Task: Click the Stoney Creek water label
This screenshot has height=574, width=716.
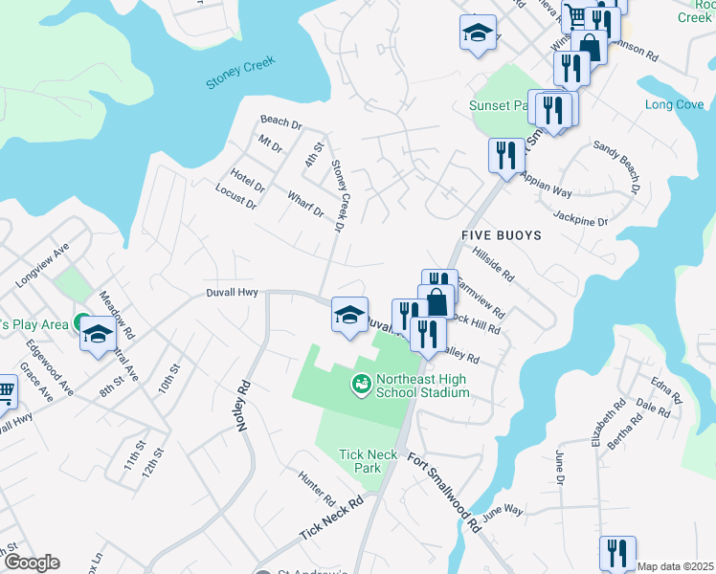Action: click(240, 73)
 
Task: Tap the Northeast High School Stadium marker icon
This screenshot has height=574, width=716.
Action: click(362, 385)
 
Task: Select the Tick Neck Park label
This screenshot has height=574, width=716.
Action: click(360, 461)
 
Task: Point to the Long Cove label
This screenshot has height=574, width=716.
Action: click(674, 104)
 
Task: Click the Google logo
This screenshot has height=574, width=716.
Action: click(32, 563)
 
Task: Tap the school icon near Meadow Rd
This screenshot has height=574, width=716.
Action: click(97, 335)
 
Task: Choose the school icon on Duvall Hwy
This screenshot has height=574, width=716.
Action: click(349, 314)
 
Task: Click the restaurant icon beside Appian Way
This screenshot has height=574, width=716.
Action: click(505, 155)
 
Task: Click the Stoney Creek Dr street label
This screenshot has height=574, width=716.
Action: click(337, 196)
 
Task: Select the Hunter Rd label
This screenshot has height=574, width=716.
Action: click(317, 488)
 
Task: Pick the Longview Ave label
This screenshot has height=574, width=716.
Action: click(43, 265)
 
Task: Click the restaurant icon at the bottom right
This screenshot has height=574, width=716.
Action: click(617, 553)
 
